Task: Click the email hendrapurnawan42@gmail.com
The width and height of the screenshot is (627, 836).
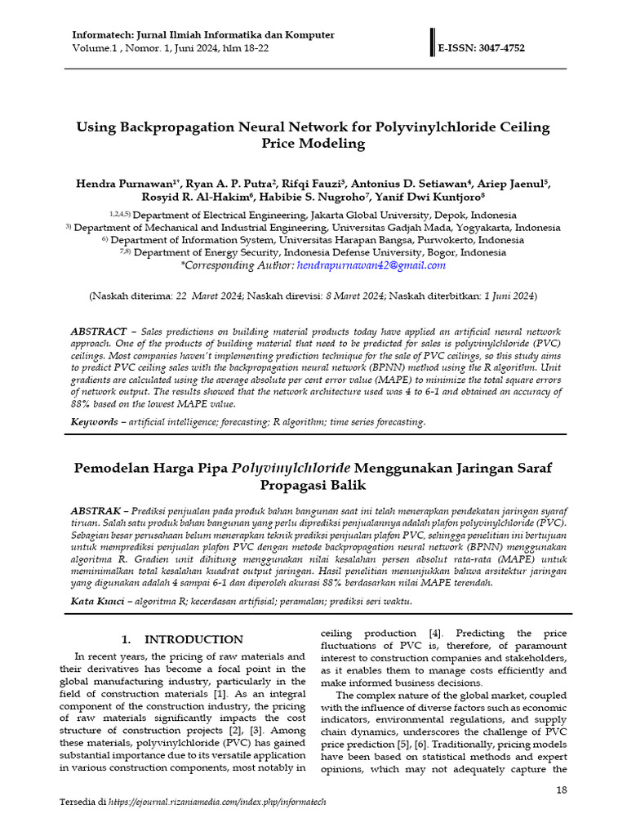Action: [x=371, y=265]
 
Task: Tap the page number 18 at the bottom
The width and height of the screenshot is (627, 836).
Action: [x=561, y=789]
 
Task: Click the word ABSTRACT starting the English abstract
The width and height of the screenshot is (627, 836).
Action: [x=98, y=331]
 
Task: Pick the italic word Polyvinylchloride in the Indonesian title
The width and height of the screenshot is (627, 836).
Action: [x=291, y=468]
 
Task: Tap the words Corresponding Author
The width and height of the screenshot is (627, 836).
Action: [x=225, y=265]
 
